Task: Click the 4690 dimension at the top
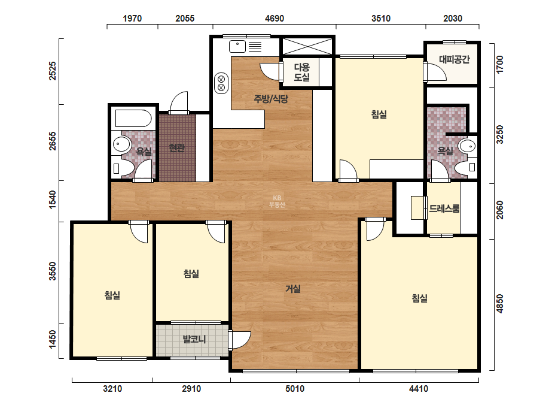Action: click(275, 19)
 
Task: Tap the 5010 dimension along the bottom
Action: click(295, 388)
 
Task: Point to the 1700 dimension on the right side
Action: click(499, 65)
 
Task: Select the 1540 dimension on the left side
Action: click(52, 200)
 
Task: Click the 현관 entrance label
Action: click(177, 148)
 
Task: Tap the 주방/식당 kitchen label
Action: click(271, 99)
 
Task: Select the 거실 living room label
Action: click(293, 289)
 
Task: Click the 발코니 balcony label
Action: click(194, 339)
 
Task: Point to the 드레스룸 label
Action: click(444, 208)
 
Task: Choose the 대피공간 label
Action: click(454, 59)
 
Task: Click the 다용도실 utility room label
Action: click(301, 72)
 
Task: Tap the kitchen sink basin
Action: click(237, 46)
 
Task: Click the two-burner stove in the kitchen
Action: click(221, 83)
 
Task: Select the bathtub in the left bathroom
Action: click(133, 118)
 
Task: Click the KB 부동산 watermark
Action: click(277, 201)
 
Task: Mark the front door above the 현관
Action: click(179, 102)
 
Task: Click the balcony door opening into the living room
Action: click(239, 340)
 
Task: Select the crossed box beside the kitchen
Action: click(307, 47)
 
